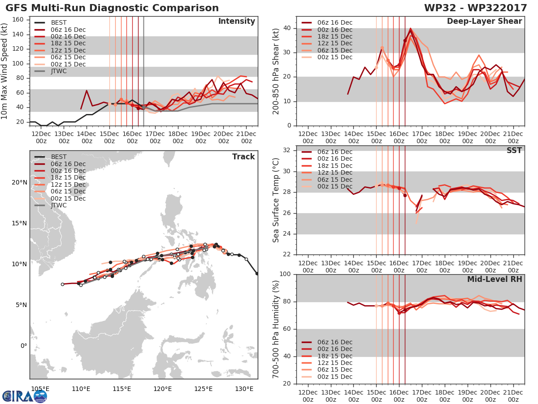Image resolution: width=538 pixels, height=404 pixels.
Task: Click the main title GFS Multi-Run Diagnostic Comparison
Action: click(x=112, y=8)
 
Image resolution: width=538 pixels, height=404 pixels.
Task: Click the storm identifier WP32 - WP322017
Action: click(x=476, y=8)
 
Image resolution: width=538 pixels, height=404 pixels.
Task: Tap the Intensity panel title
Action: click(x=237, y=22)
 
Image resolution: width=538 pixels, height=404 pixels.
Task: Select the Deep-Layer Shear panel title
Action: click(x=484, y=22)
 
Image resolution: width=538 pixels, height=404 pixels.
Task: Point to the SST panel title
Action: click(x=514, y=150)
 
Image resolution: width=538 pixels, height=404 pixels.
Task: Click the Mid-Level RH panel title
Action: click(x=495, y=279)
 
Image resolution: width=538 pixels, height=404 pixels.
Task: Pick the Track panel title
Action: click(x=243, y=157)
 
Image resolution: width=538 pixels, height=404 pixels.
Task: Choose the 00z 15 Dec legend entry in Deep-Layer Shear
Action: click(x=327, y=57)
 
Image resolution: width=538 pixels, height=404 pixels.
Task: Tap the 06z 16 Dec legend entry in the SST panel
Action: click(x=327, y=152)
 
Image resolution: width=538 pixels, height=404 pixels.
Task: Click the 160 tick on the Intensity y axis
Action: click(x=18, y=20)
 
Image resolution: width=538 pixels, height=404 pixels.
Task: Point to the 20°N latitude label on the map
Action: click(x=19, y=183)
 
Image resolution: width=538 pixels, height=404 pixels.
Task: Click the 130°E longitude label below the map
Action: click(x=244, y=389)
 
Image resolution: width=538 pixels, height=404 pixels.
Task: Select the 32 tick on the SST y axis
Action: click(x=287, y=150)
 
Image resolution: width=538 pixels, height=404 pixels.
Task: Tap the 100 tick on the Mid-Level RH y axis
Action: click(x=285, y=274)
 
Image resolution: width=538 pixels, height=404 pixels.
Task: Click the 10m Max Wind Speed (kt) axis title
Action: click(x=4, y=71)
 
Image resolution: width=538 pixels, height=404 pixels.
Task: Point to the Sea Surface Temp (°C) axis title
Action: click(x=276, y=200)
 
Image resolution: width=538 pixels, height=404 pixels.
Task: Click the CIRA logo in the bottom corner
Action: click(x=25, y=396)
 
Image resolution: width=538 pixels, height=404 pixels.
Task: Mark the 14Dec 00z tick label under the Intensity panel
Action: click(x=87, y=138)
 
